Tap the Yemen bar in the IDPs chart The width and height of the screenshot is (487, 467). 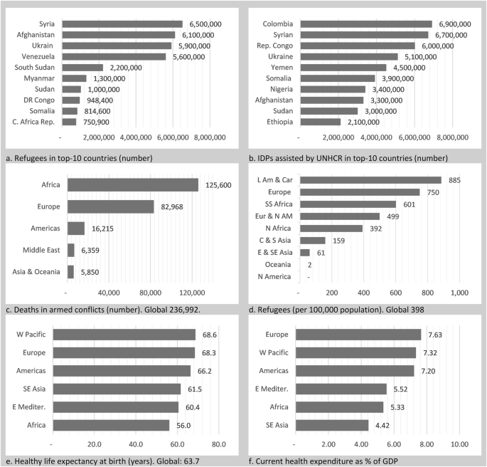[x=343, y=68]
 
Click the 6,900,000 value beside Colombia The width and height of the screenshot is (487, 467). [x=456, y=24]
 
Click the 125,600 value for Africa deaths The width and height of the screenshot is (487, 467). [x=220, y=185]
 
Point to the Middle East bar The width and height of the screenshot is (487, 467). [x=70, y=250]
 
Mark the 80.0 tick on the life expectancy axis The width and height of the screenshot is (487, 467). [x=219, y=444]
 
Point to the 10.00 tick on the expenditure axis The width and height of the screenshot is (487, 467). [x=459, y=444]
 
